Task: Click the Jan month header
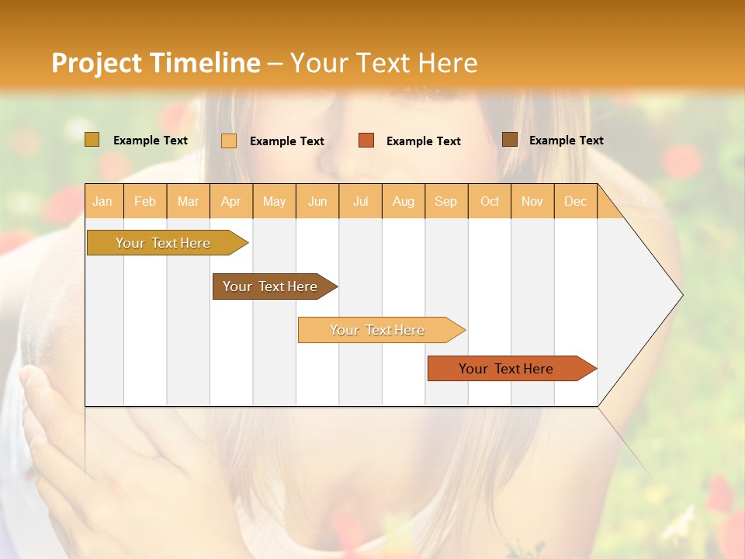point(102,201)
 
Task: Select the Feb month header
point(145,201)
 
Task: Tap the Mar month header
point(188,201)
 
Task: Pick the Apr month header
point(231,201)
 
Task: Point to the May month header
point(274,201)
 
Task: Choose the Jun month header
point(317,201)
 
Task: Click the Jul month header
point(361,201)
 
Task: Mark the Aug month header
point(404,201)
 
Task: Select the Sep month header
point(446,201)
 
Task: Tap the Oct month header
point(490,201)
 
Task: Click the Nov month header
point(532,201)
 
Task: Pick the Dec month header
point(576,201)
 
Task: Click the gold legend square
point(92,140)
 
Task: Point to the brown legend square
point(510,140)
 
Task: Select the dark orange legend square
point(366,141)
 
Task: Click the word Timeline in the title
point(206,63)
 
